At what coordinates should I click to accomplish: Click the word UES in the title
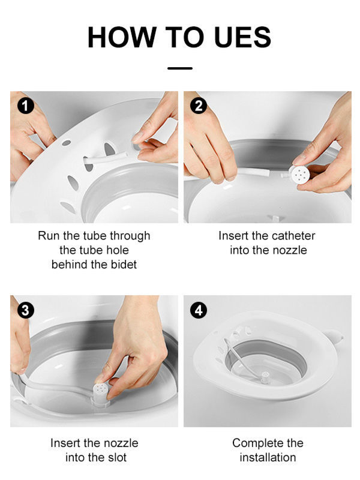click(238, 37)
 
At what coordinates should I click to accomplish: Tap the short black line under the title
click(179, 68)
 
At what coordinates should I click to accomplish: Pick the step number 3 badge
click(25, 310)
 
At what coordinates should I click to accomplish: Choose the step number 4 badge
click(198, 310)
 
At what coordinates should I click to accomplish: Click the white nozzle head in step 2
click(300, 175)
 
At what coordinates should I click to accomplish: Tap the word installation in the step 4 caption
click(268, 457)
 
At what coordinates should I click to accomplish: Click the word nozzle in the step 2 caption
click(287, 250)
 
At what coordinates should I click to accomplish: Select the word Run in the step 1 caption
click(49, 236)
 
